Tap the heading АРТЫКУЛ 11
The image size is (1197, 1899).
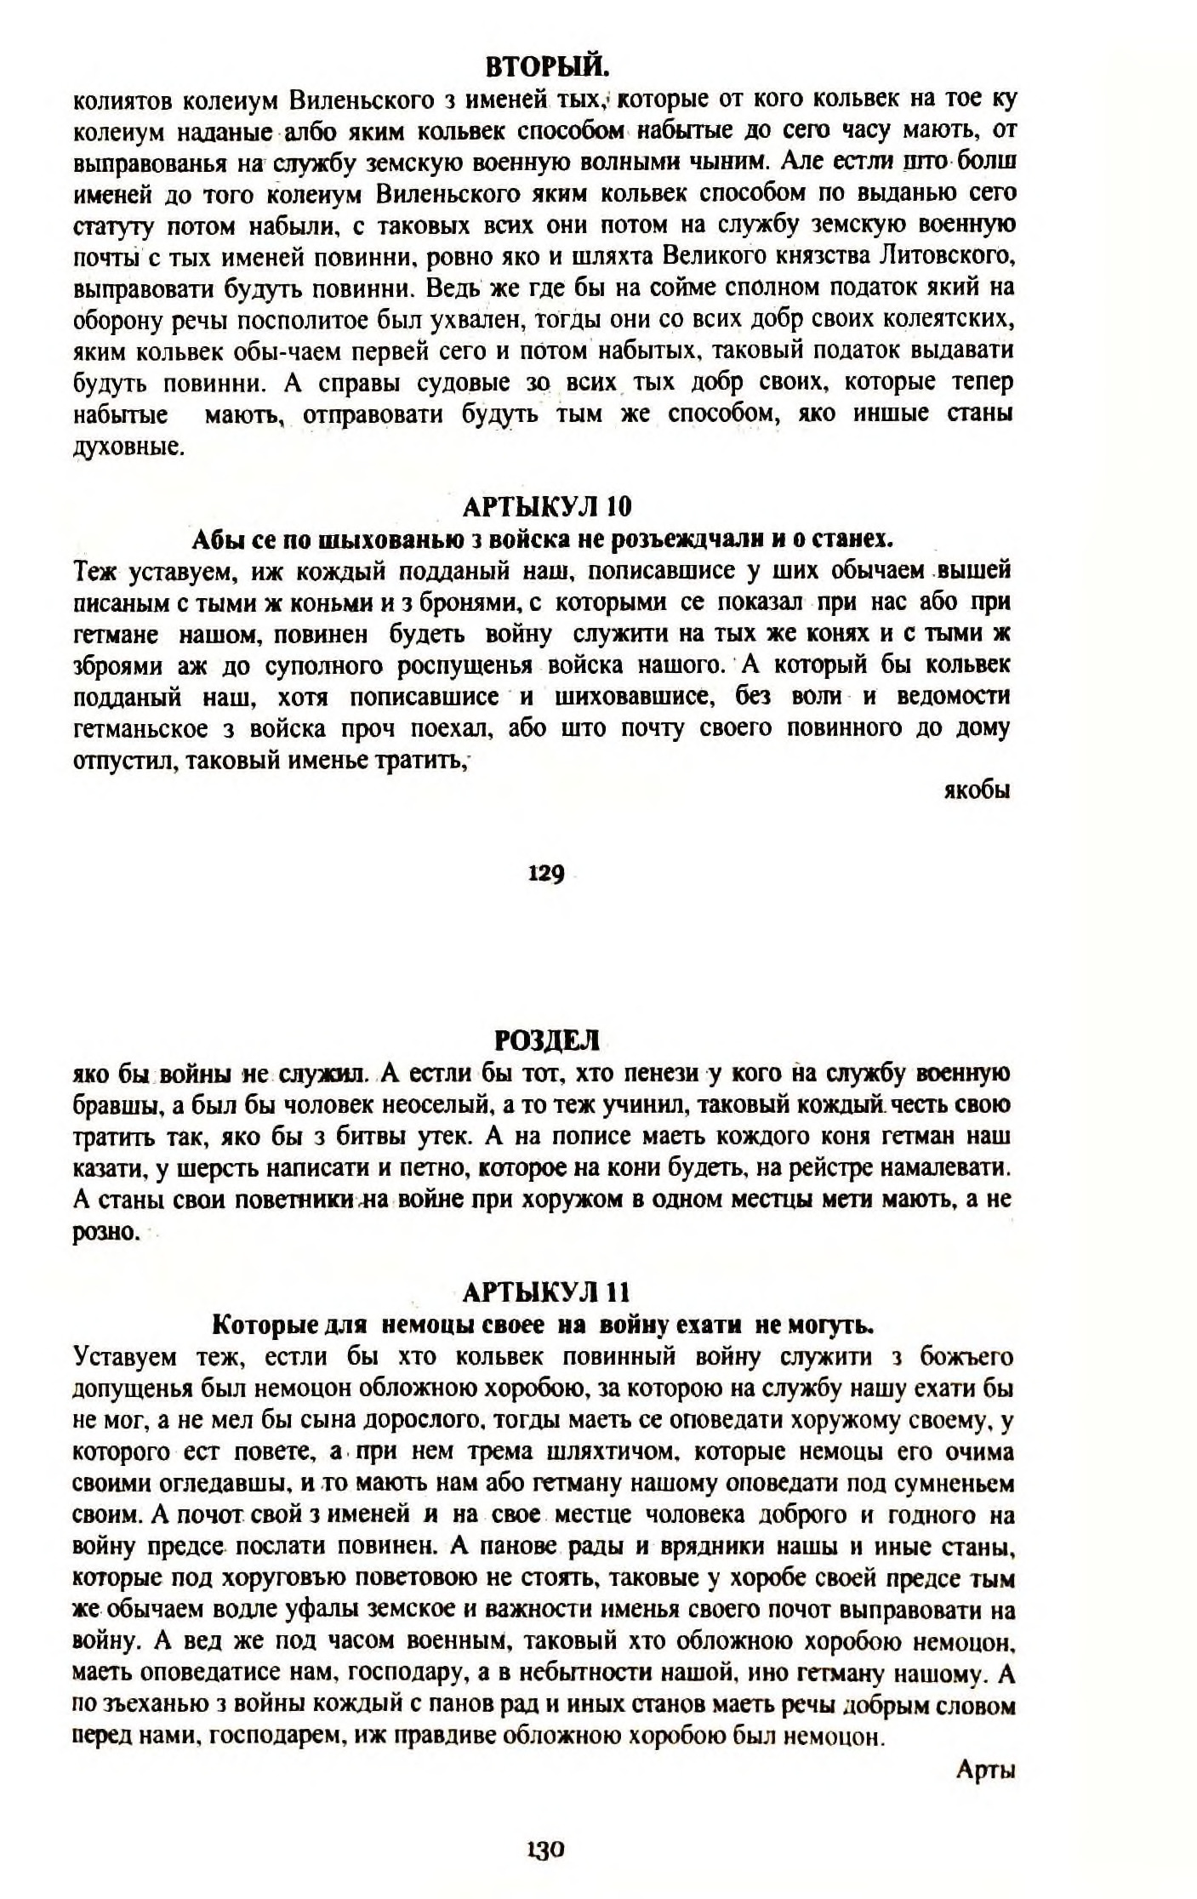point(546,1293)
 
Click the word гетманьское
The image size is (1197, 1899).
point(153,728)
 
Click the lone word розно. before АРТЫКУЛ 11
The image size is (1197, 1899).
point(105,1232)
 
